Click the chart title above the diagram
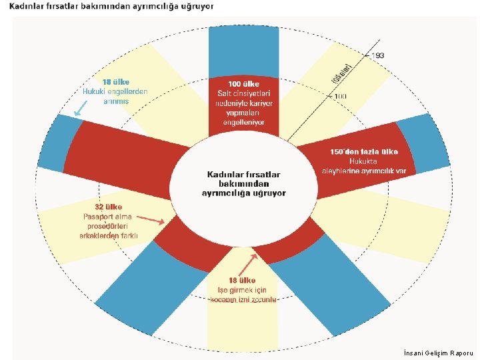click(x=111, y=6)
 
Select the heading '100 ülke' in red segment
click(x=243, y=85)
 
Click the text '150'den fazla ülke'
click(x=364, y=151)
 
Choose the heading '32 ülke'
click(x=108, y=207)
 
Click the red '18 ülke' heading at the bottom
click(x=242, y=281)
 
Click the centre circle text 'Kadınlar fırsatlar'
click(x=243, y=174)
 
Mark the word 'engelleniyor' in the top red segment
click(x=243, y=123)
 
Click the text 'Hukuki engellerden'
click(x=115, y=91)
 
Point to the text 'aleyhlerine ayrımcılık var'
click(x=364, y=171)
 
